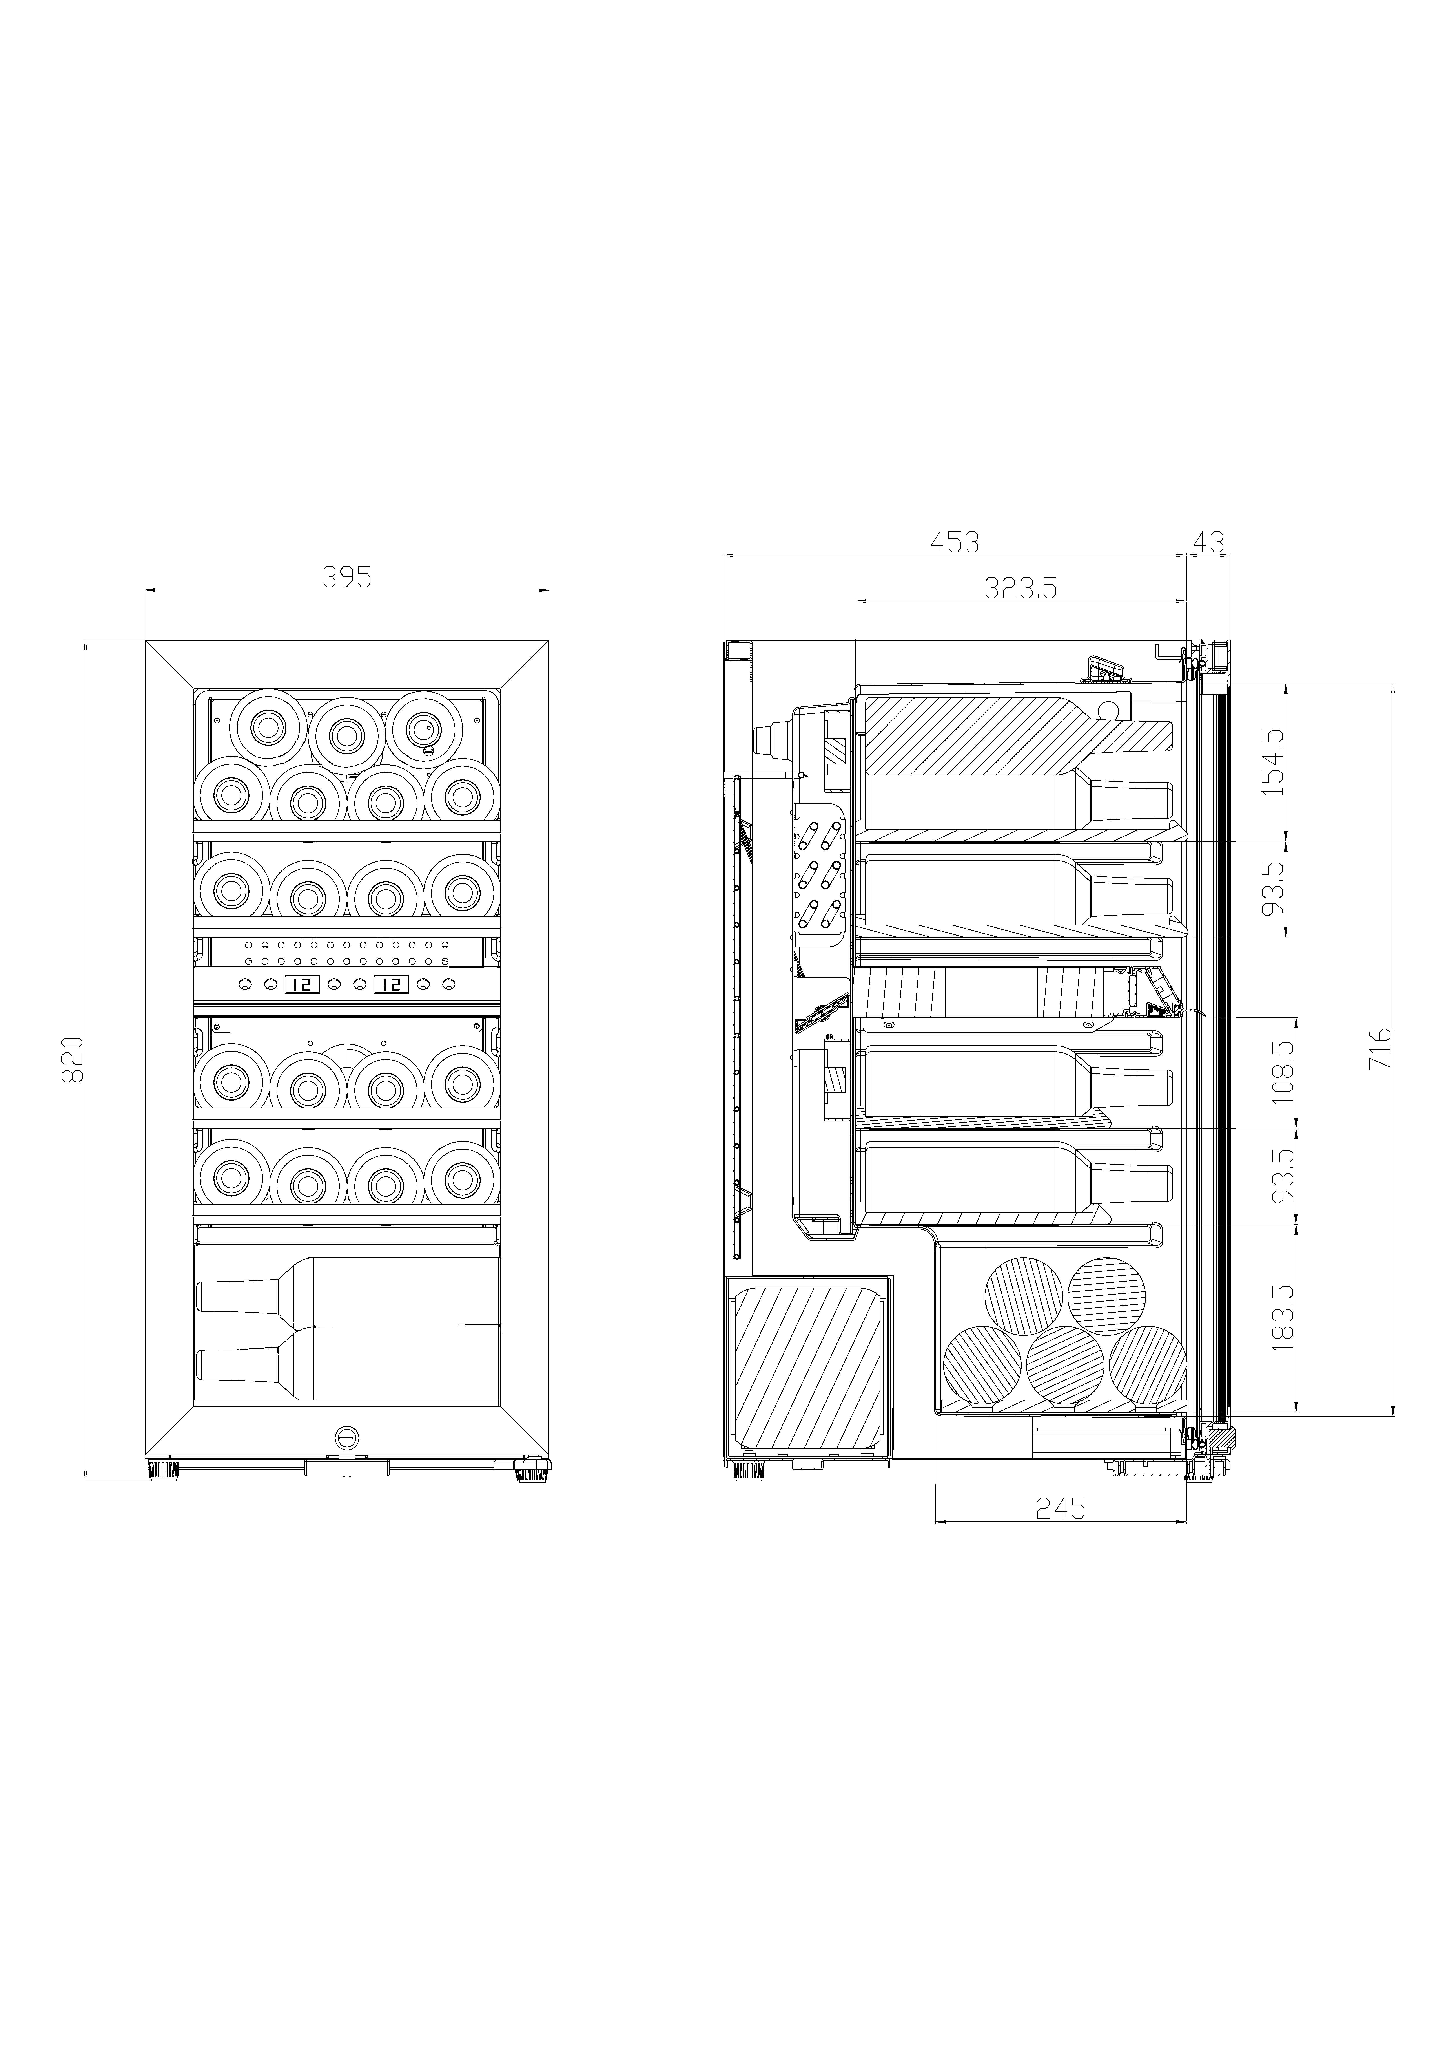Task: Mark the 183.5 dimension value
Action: click(x=1284, y=1317)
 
